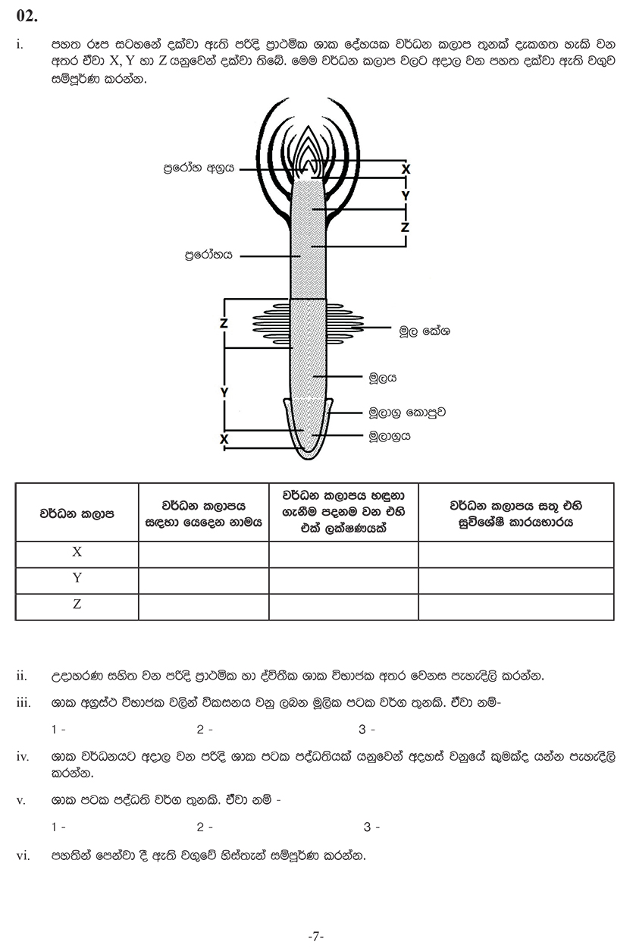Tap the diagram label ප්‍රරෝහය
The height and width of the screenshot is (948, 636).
(x=208, y=256)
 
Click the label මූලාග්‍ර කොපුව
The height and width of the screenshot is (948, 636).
(x=406, y=413)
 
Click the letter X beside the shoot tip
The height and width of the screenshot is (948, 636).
(x=406, y=169)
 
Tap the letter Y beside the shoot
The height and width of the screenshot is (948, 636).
(x=406, y=196)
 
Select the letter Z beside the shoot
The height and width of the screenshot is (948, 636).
(x=406, y=227)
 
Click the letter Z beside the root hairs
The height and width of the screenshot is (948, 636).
(x=224, y=323)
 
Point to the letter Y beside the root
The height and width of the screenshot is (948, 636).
(x=224, y=391)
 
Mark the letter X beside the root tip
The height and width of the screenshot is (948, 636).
(x=224, y=439)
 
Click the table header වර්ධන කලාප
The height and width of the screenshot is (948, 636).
(x=77, y=513)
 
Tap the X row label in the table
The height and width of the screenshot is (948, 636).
(x=77, y=553)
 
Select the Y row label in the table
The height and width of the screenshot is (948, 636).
(x=77, y=579)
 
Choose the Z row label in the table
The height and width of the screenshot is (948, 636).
(x=77, y=605)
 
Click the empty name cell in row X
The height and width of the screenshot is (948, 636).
(x=203, y=554)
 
